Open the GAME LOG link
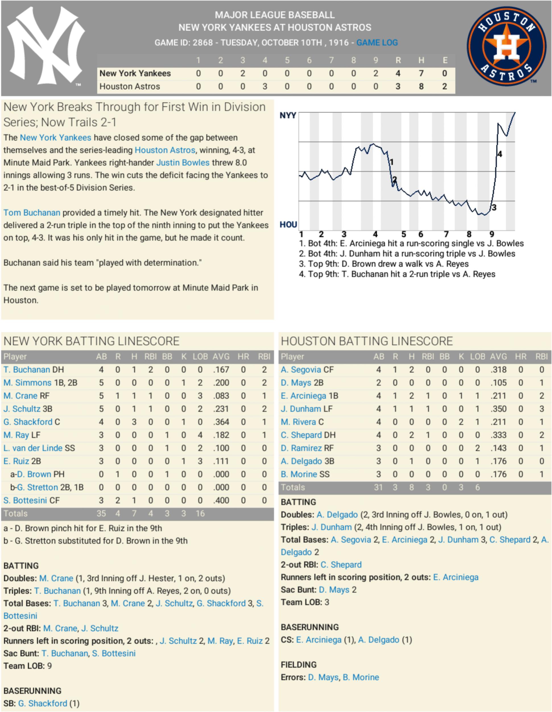(x=377, y=42)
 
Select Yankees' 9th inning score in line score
(x=376, y=73)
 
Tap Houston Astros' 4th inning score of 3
(x=265, y=86)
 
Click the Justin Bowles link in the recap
(x=183, y=162)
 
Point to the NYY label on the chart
(x=288, y=115)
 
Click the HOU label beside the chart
(x=288, y=225)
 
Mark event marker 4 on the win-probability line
(x=500, y=154)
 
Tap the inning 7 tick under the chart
(x=446, y=234)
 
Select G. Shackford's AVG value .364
(x=221, y=422)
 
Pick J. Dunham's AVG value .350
(x=499, y=409)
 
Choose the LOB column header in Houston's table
(x=477, y=357)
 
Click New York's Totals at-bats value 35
(x=101, y=513)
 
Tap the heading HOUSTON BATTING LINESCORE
(x=367, y=341)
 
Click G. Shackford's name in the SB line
(x=42, y=703)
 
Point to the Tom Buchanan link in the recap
(x=32, y=212)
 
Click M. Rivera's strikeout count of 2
(x=461, y=422)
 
